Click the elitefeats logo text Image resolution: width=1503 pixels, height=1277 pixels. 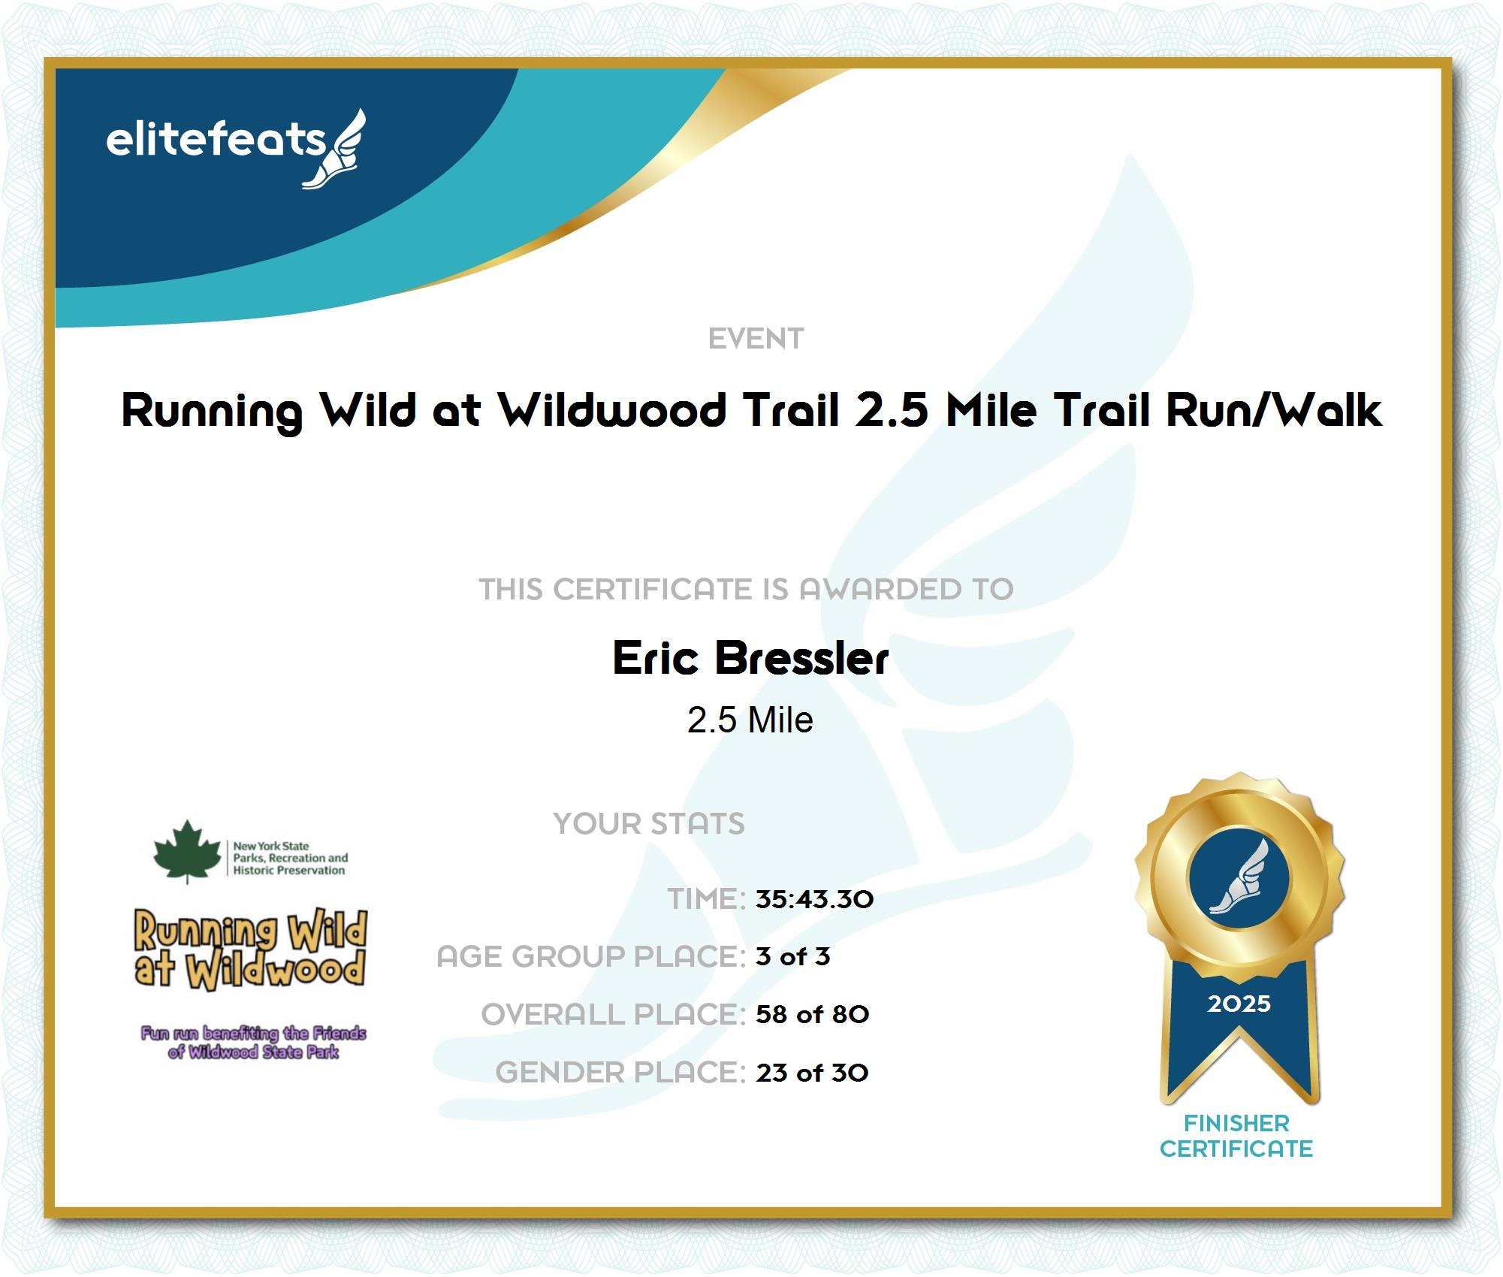(x=216, y=140)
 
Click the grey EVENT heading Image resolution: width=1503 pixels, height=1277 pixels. (x=756, y=339)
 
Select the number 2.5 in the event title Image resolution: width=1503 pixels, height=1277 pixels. (x=892, y=410)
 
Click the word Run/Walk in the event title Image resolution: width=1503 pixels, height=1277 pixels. (x=1274, y=410)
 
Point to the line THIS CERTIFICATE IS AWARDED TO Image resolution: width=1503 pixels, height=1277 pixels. (x=747, y=589)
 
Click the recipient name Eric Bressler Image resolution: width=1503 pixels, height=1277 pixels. (x=750, y=658)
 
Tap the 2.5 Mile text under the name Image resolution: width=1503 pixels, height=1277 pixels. (x=750, y=720)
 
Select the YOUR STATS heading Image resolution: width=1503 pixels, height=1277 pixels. (x=649, y=823)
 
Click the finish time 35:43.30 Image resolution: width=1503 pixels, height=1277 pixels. (x=814, y=899)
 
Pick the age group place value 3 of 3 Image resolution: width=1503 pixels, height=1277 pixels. (x=792, y=956)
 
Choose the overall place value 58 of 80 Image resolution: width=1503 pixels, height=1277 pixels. (x=812, y=1014)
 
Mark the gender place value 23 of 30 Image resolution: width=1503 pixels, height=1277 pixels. (x=812, y=1073)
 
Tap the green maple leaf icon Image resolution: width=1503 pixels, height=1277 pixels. (x=187, y=851)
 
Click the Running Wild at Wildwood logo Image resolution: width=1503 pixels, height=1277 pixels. (x=251, y=949)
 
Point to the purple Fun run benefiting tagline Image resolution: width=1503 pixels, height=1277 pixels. (x=253, y=1043)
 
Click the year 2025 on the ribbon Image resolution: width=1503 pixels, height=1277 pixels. (x=1239, y=1004)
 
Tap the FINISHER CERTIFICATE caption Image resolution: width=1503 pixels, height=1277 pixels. (x=1236, y=1136)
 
